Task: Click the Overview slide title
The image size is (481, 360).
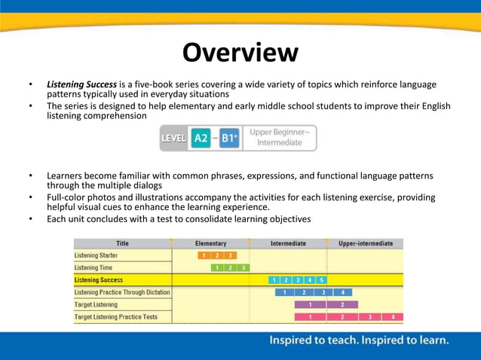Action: coord(240,53)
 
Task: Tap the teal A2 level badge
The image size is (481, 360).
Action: coord(201,139)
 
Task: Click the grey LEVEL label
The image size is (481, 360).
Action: coord(173,139)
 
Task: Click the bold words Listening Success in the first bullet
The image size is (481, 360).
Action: coord(81,84)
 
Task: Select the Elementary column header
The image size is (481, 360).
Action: coord(210,244)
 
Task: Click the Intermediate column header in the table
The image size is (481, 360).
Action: coord(288,244)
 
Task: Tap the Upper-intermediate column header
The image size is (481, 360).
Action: coord(365,244)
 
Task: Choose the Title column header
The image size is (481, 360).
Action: coord(122,244)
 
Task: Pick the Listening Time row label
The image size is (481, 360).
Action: coord(93,267)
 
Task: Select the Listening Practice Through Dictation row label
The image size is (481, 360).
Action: coord(122,292)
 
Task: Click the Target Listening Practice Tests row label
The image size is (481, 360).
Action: coord(115,317)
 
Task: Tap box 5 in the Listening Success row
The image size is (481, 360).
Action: coord(321,280)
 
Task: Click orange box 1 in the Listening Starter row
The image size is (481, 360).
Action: coord(204,255)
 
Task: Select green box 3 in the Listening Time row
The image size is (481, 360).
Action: coord(243,267)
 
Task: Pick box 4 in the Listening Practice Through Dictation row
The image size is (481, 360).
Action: coord(342,292)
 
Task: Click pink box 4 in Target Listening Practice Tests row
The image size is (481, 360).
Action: coord(393,317)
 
